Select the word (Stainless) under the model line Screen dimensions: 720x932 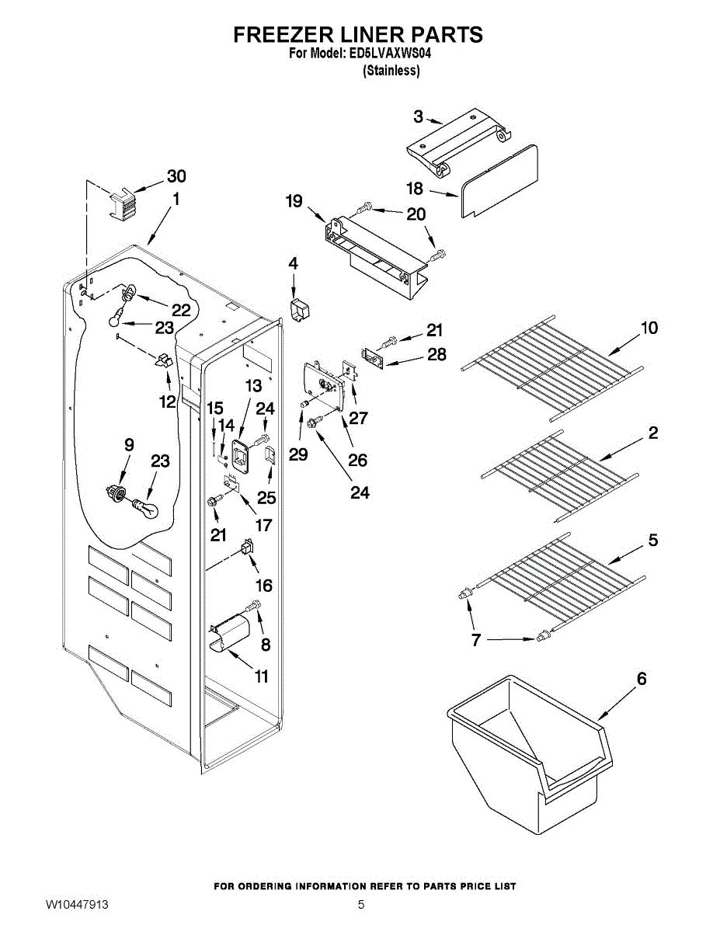[391, 71]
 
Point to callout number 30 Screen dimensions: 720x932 [176, 176]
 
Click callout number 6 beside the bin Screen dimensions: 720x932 [642, 679]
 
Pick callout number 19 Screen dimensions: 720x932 [294, 200]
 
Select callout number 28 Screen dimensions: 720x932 [437, 354]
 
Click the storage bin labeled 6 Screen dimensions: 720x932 [530, 754]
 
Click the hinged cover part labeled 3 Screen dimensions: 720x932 [459, 142]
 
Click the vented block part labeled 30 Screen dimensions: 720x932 [123, 204]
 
